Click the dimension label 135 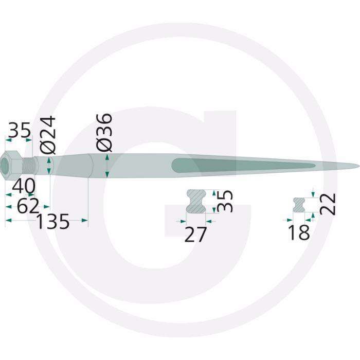click(x=52, y=222)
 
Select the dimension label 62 click(x=28, y=207)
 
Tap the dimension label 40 click(x=24, y=186)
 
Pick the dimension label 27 click(x=195, y=235)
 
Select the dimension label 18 click(x=299, y=232)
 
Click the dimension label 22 click(x=327, y=204)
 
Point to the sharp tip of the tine click(x=357, y=166)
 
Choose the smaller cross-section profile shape click(x=299, y=204)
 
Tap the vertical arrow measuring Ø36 click(x=106, y=166)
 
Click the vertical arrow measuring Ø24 click(x=49, y=166)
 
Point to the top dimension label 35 click(x=20, y=131)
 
